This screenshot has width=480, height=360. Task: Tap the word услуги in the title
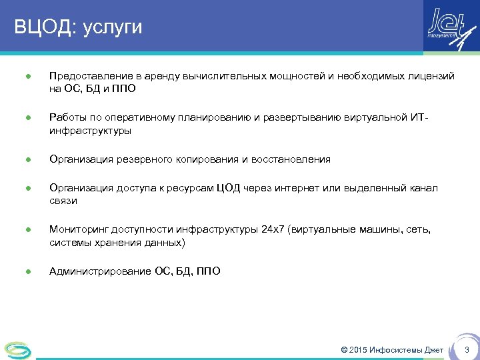[x=113, y=28]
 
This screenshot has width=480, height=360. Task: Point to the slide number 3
[x=467, y=350]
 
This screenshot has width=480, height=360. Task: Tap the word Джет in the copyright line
[x=433, y=350]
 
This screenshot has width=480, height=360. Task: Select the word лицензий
[x=431, y=77]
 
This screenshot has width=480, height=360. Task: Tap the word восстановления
[x=290, y=159]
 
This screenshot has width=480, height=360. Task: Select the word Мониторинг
[x=77, y=230]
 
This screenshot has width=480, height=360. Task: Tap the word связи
[x=63, y=201]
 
